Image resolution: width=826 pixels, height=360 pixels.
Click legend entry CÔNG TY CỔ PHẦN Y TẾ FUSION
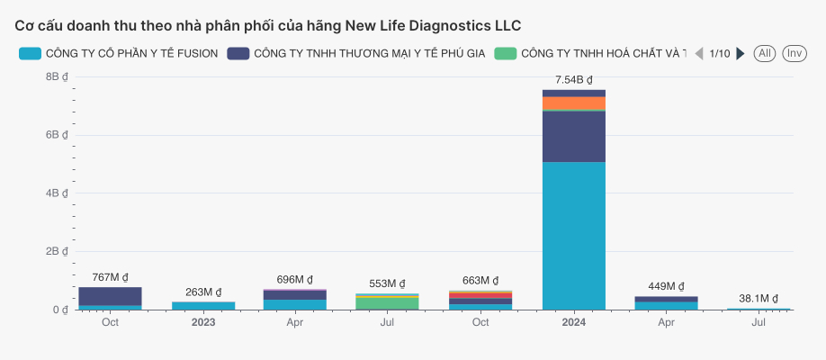pos(119,54)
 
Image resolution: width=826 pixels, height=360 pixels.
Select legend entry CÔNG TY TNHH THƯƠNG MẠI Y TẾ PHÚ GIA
pos(356,54)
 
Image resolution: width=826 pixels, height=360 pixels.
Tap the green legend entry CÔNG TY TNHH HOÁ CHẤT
pos(590,54)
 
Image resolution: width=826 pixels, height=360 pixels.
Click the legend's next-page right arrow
pos(741,54)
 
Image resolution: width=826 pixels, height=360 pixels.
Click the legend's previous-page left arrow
pos(698,54)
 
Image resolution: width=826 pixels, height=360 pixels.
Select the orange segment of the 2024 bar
pos(573,103)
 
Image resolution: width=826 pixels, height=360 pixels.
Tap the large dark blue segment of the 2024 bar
pos(573,137)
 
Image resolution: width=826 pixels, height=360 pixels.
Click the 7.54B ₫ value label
pos(573,80)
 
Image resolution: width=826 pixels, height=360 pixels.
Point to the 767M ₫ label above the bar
pos(110,277)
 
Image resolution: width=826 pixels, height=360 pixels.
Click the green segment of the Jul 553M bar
pos(386,303)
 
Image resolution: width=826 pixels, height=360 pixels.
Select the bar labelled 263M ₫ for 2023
pos(202,305)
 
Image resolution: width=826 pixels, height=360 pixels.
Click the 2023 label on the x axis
pos(202,322)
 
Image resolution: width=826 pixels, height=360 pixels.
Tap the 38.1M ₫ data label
pos(758,298)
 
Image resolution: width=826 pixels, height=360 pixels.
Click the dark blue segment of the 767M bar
pos(110,296)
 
